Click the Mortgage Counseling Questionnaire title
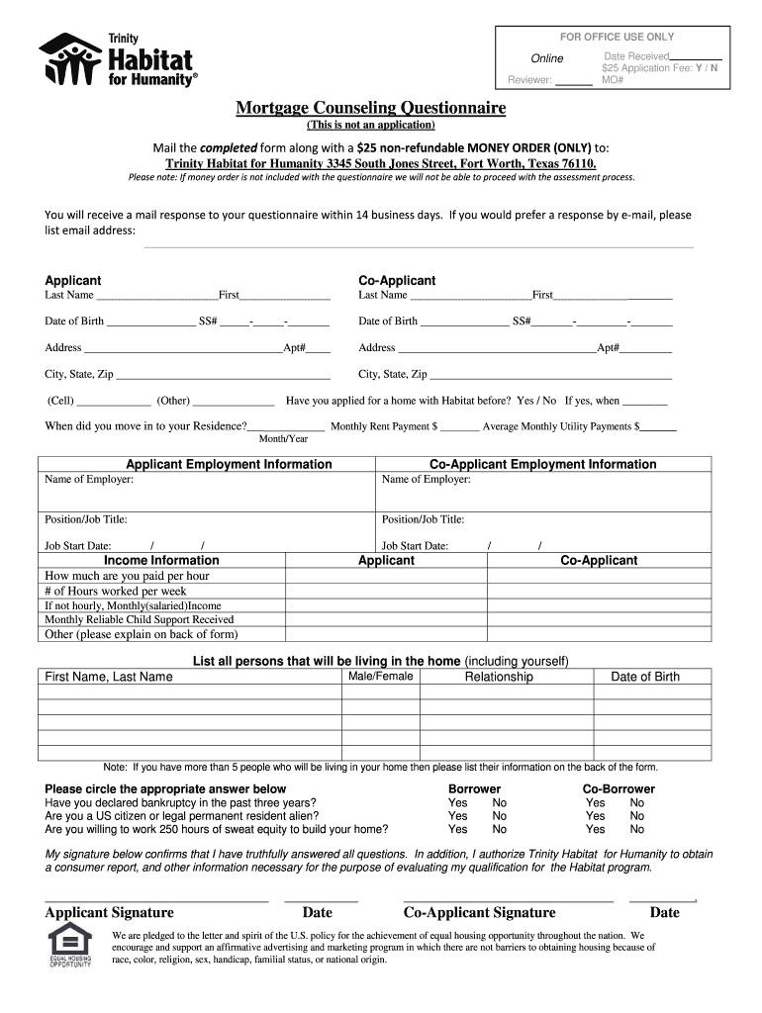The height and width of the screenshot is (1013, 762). click(370, 107)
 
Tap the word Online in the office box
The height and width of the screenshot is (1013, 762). click(547, 58)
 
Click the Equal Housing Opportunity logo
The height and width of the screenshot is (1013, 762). click(69, 945)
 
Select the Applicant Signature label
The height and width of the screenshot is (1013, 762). click(109, 912)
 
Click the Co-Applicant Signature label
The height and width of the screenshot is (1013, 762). click(479, 912)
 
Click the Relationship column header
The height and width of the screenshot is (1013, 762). click(499, 677)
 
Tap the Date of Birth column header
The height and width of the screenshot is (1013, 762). click(645, 677)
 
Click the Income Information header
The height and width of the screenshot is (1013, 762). click(161, 560)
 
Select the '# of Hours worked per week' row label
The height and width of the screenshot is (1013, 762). click(116, 591)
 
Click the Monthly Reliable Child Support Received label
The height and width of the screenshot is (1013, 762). click(140, 619)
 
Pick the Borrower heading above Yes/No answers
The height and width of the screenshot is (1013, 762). click(474, 788)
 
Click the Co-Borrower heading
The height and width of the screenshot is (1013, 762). click(619, 788)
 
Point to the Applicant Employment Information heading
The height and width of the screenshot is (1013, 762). click(229, 464)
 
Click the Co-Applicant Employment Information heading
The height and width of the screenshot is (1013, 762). click(542, 464)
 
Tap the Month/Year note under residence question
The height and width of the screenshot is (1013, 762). click(283, 438)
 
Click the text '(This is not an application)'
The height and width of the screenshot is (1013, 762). click(370, 126)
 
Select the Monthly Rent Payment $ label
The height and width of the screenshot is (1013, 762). click(384, 426)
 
